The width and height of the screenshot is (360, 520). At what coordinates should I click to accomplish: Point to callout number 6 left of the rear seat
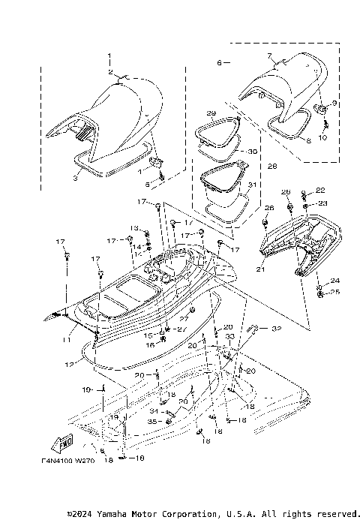pos(220,63)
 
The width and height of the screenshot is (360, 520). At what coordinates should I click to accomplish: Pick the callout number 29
pos(211,113)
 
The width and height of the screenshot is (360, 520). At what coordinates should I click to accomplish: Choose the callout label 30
pos(252,151)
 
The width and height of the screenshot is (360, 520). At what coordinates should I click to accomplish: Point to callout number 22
pos(321,190)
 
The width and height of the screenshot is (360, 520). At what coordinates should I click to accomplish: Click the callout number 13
pos(135,227)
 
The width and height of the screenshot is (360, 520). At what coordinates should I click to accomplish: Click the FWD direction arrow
pos(65,440)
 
